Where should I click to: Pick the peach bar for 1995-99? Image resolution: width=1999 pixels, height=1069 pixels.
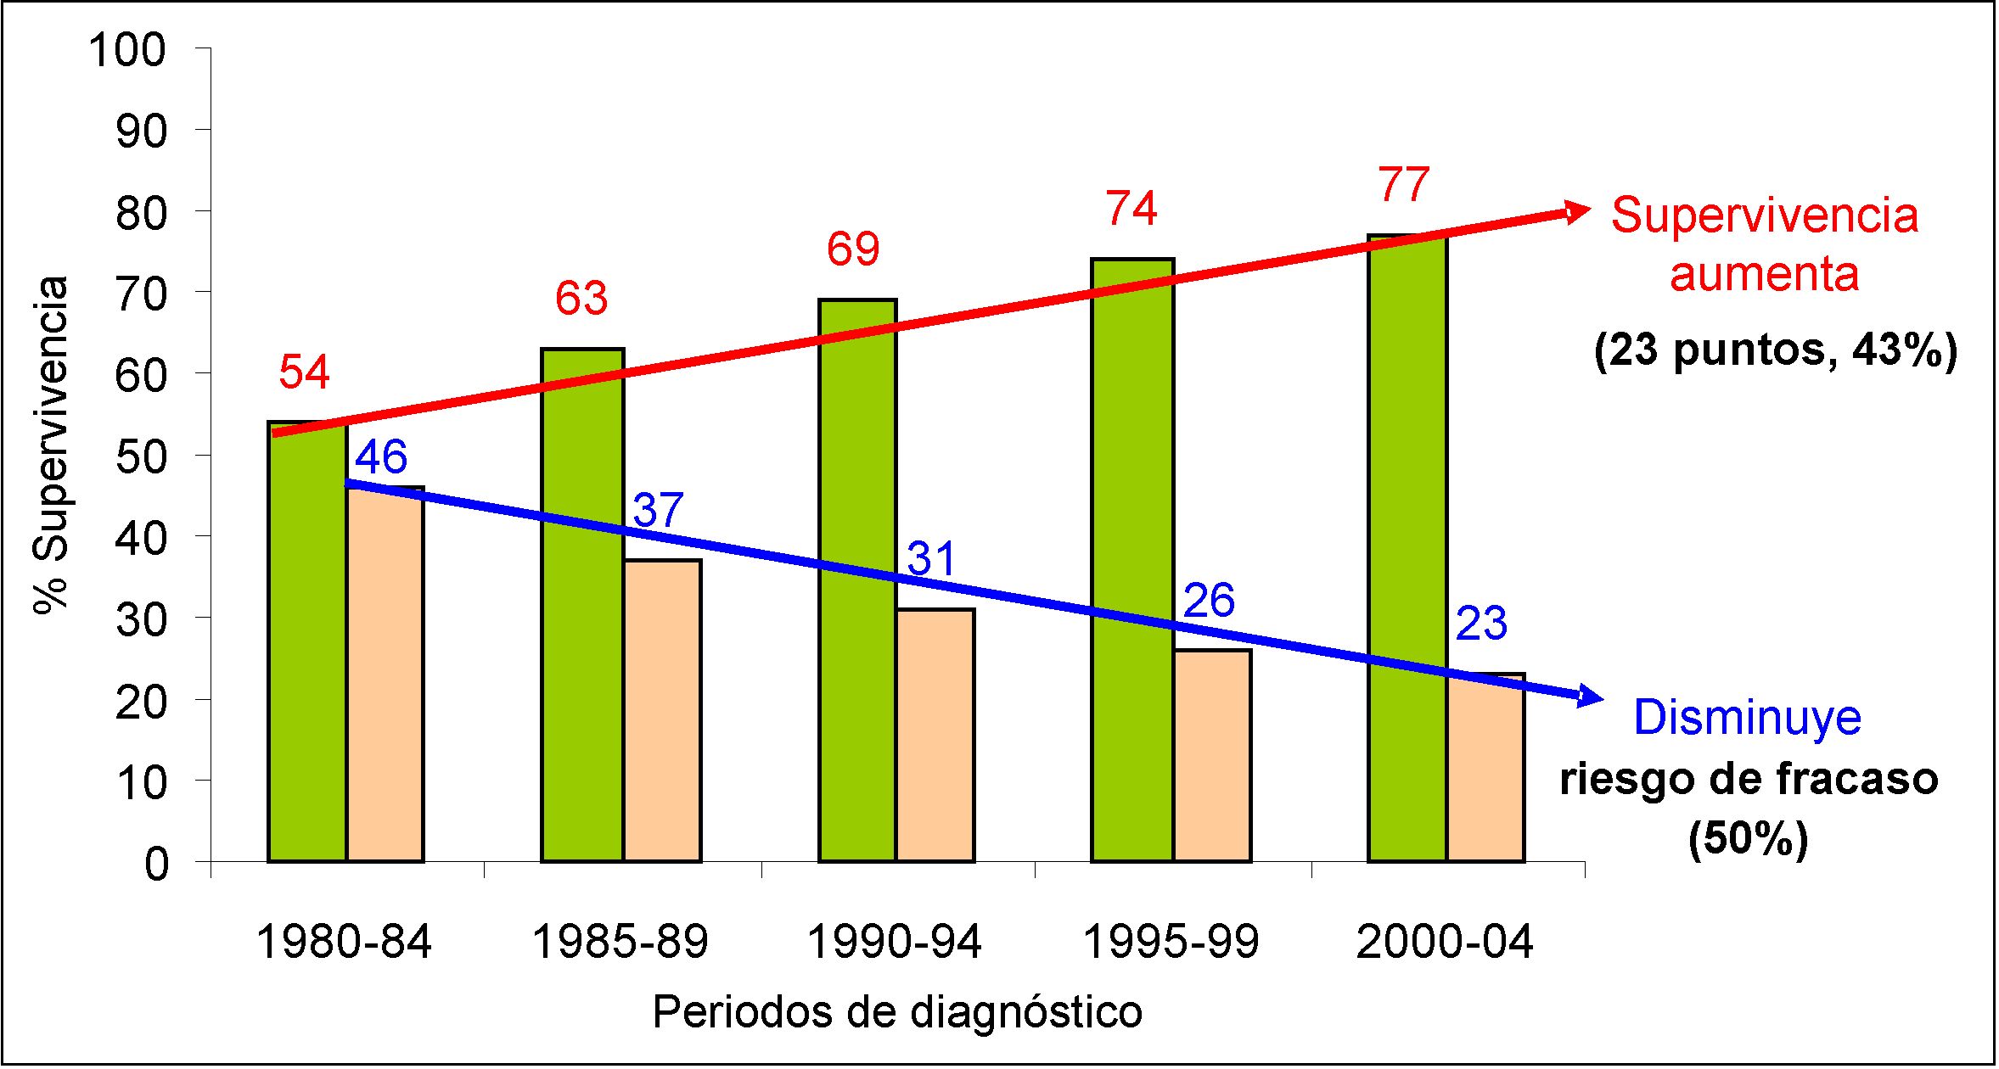click(x=1213, y=756)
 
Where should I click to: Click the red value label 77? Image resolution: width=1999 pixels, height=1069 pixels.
click(x=1404, y=185)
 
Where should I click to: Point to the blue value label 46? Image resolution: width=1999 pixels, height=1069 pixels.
click(x=381, y=457)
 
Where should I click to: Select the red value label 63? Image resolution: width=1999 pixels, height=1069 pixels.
click(x=581, y=299)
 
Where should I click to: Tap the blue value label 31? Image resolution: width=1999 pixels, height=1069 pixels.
click(x=932, y=559)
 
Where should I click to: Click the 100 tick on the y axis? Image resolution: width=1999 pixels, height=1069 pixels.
click(x=127, y=50)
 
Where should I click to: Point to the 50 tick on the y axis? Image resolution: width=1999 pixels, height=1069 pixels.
click(x=141, y=457)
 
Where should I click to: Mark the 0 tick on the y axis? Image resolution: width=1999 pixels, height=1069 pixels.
click(x=156, y=865)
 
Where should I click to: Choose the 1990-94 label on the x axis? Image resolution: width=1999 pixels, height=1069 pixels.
click(x=894, y=942)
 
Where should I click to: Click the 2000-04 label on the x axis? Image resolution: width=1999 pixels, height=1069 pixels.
click(x=1445, y=942)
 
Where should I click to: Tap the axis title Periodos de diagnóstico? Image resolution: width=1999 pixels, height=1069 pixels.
click(x=897, y=1012)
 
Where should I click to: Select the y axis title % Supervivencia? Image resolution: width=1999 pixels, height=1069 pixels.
click(x=51, y=444)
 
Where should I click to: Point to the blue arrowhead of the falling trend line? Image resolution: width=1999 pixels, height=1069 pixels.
click(x=1591, y=697)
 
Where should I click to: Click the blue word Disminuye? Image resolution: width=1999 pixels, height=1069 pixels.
click(x=1747, y=718)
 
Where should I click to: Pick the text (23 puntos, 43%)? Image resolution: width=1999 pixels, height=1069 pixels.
click(x=1776, y=350)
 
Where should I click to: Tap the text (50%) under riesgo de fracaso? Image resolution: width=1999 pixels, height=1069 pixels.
click(x=1749, y=839)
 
